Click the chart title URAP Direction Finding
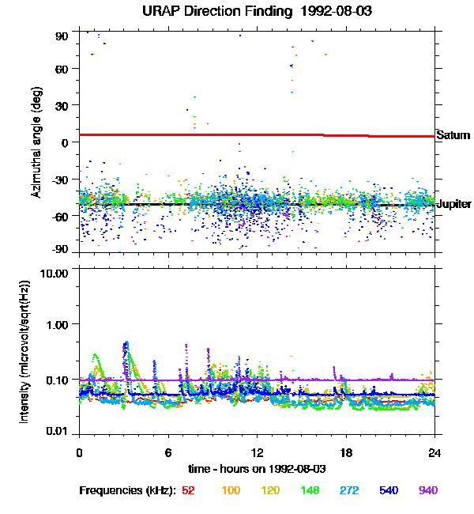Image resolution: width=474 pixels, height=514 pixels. [236, 12]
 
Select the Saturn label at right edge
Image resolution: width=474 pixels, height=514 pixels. [453, 135]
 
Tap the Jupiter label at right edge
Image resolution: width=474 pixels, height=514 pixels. [453, 203]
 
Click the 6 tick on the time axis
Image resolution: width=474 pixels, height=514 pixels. [168, 453]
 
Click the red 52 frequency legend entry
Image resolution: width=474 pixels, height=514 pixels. [190, 490]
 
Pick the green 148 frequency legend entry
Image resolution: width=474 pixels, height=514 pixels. [309, 490]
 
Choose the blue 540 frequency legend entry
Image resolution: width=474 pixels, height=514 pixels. [388, 490]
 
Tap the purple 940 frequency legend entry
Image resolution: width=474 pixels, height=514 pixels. [427, 490]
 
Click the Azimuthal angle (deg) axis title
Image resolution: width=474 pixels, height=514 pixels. [36, 142]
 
